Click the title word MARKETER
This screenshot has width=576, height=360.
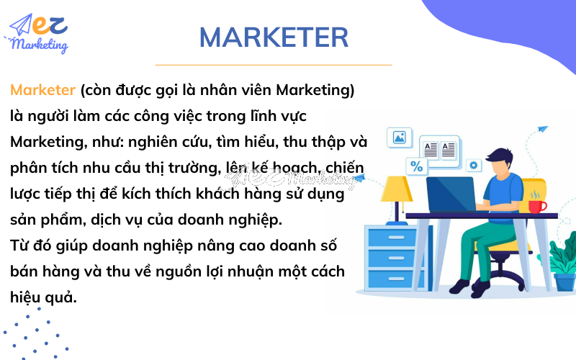[x=274, y=37]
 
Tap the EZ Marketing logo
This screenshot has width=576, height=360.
[x=40, y=32]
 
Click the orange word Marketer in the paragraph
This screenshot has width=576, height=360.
[x=42, y=90]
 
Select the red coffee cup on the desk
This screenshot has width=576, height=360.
[x=536, y=206]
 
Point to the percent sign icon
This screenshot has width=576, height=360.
[x=416, y=166]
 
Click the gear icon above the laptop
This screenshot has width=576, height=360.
[x=473, y=166]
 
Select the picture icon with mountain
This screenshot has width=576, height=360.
[x=399, y=136]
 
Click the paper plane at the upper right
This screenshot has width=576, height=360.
[x=542, y=129]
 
